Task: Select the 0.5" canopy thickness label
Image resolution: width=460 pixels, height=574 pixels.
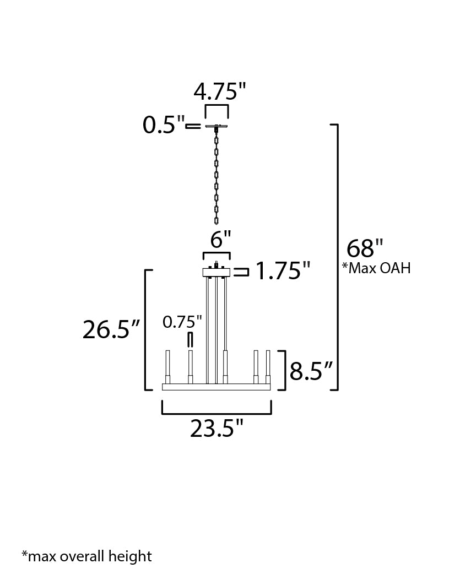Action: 163,125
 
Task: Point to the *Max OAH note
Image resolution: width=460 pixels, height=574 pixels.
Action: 376,268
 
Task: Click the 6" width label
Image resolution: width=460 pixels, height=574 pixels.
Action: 221,240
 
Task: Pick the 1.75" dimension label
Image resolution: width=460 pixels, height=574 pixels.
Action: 282,271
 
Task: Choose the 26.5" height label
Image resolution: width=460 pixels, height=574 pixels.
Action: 111,329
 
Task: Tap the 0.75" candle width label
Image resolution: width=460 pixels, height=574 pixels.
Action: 182,322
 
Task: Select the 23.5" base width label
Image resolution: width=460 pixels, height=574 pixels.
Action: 217,429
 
